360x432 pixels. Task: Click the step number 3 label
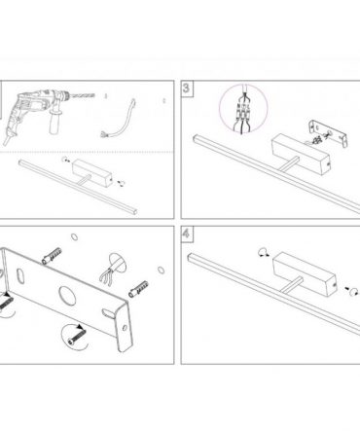186,88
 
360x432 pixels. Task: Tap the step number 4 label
186,234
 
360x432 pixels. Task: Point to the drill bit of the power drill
83,95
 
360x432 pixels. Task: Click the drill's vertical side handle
54,121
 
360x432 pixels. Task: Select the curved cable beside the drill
119,120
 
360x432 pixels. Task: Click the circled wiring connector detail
243,109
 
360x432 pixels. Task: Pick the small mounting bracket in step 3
329,133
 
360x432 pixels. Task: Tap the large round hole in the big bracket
67,296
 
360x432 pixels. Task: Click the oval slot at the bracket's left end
20,276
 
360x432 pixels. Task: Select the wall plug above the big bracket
52,256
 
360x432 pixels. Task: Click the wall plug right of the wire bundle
138,289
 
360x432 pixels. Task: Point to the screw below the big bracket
77,336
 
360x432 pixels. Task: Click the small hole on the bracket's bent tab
125,327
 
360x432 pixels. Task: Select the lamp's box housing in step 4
304,274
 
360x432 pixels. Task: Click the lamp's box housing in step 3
301,154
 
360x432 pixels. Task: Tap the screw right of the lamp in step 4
351,290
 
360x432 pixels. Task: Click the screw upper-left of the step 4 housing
264,252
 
